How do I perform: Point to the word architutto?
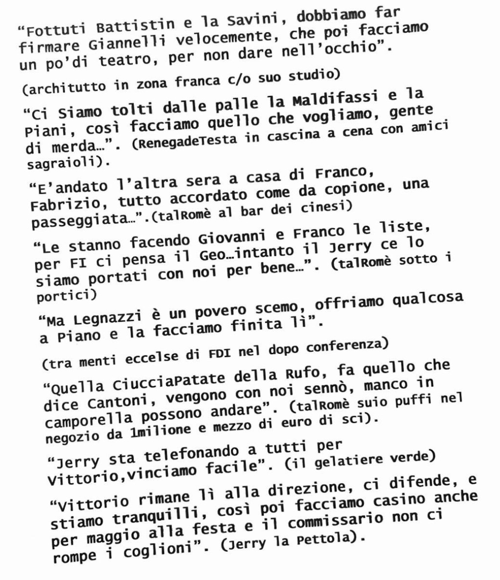[63, 88]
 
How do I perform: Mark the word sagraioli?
[66, 163]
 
